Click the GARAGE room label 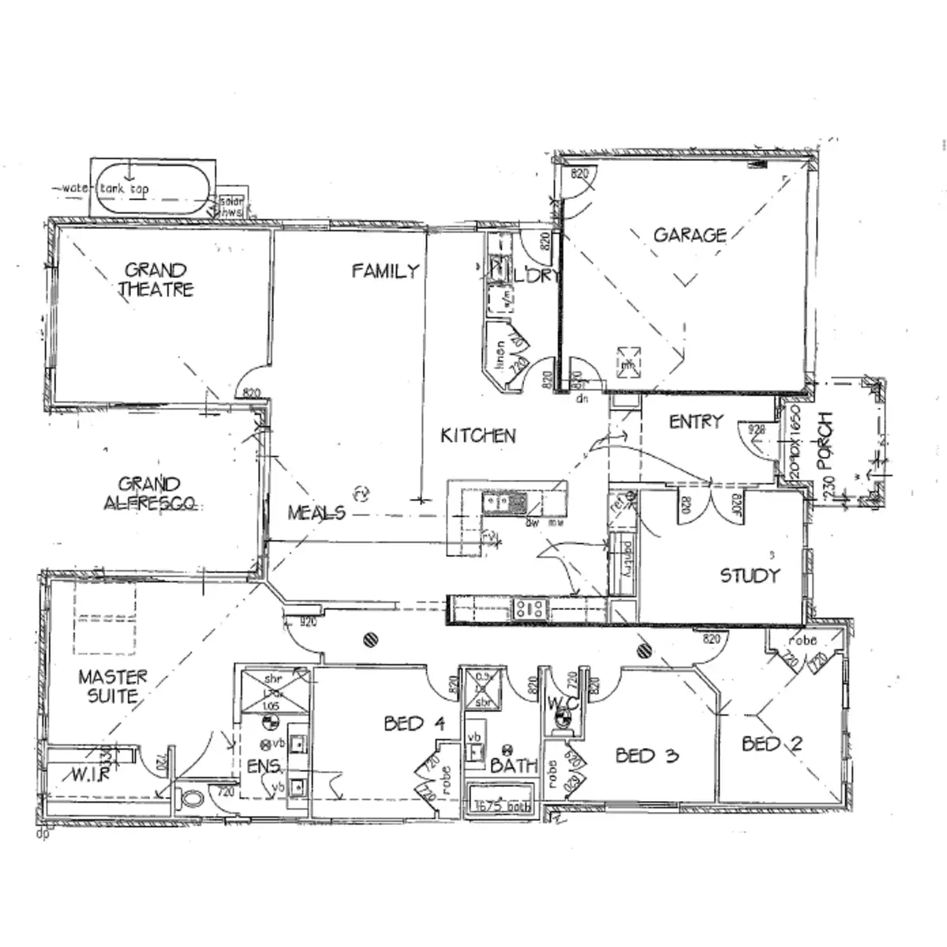click(x=690, y=234)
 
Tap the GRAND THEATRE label click(x=155, y=280)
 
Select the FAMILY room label click(x=385, y=271)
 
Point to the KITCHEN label click(x=478, y=435)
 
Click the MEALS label click(x=316, y=512)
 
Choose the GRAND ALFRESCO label click(x=149, y=493)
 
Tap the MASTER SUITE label click(x=112, y=686)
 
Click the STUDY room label click(x=749, y=575)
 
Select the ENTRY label click(x=695, y=422)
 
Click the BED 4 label click(x=415, y=723)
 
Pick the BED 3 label click(x=646, y=756)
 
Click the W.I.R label click(x=91, y=775)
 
